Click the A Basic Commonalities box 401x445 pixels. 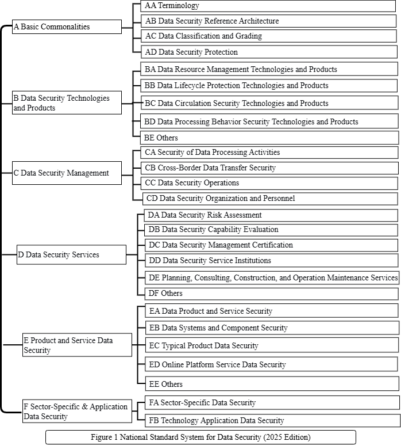67,26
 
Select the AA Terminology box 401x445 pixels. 269,6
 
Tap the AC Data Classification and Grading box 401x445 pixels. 269,36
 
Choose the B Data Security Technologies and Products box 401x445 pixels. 67,103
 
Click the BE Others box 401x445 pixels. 269,138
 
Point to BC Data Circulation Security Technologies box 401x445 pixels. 269,104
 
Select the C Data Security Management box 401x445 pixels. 67,173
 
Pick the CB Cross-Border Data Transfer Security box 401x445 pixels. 269,168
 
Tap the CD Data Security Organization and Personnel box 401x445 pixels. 270,199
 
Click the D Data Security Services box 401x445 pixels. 72,254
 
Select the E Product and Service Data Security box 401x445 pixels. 78,345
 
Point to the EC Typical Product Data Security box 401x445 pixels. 270,346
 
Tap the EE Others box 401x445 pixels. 270,384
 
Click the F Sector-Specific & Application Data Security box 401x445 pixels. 78,411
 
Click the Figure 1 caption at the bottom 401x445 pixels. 200,437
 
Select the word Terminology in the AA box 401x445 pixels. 179,6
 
